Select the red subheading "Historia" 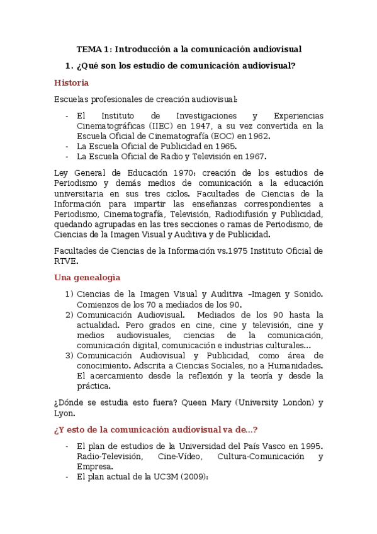(x=71, y=82)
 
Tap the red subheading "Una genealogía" (x=87, y=277)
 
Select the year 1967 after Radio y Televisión (x=256, y=156)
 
